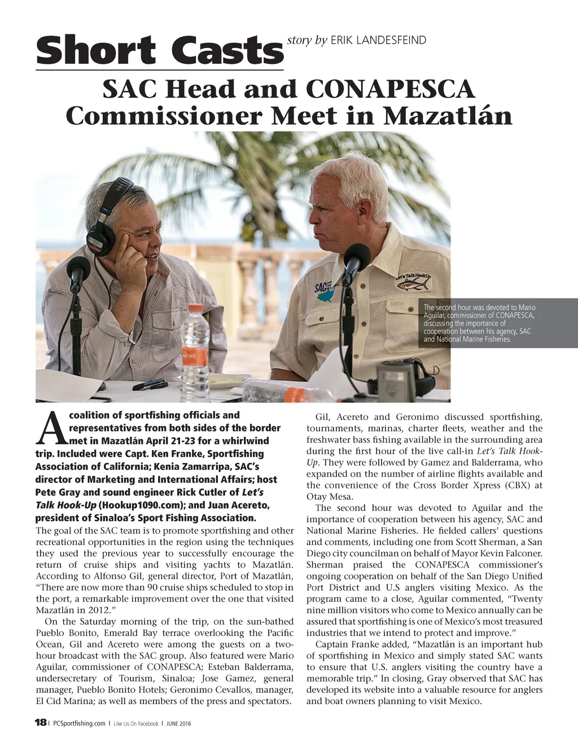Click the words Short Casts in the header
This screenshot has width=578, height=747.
click(159, 50)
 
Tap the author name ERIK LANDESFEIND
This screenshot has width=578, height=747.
click(378, 40)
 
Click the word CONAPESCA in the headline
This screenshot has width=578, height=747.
click(389, 90)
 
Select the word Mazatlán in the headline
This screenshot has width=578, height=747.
click(446, 116)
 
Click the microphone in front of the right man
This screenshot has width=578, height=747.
click(356, 260)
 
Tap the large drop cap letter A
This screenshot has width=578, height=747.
click(51, 428)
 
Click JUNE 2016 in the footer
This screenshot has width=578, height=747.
click(178, 723)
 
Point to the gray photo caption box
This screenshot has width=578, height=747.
click(499, 324)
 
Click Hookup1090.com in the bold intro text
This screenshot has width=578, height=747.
click(135, 505)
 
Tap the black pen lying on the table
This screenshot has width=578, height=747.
click(150, 385)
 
